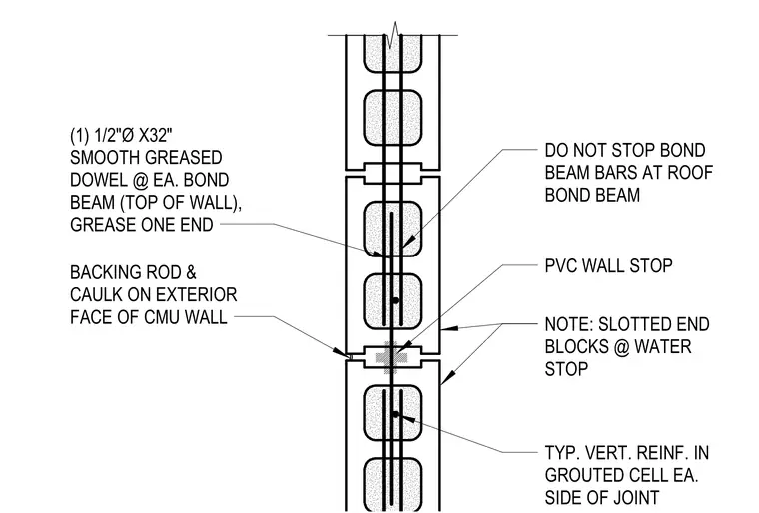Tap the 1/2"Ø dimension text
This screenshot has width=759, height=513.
click(x=112, y=135)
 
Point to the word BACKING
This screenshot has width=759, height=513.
click(x=106, y=272)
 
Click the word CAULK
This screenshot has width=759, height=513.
click(x=96, y=294)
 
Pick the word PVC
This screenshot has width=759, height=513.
click(x=560, y=265)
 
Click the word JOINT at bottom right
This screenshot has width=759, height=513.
click(x=630, y=497)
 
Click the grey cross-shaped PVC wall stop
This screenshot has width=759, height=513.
click(x=391, y=358)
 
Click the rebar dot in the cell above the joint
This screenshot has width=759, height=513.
click(x=395, y=300)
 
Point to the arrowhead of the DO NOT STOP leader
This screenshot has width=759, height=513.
click(x=408, y=242)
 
